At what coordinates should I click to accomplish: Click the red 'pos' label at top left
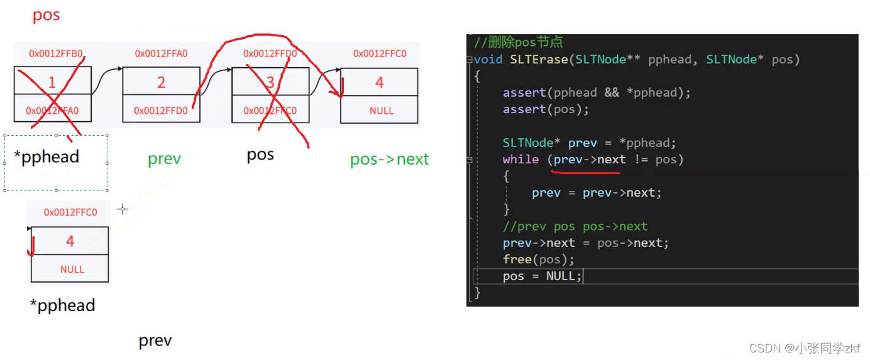click(46, 15)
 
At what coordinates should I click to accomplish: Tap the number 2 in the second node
click(161, 82)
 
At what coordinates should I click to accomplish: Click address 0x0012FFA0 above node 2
click(161, 54)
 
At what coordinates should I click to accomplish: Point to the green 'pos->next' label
click(389, 160)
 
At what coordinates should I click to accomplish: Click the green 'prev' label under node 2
click(164, 160)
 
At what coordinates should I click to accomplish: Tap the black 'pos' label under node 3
click(260, 155)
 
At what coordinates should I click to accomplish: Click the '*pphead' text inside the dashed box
click(47, 157)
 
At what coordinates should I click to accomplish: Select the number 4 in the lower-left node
click(70, 241)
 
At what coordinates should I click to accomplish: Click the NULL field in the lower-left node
click(72, 270)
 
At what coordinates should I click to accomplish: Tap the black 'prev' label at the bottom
click(155, 341)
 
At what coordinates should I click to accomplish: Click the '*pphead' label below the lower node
click(62, 306)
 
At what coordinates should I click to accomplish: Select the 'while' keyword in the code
click(520, 160)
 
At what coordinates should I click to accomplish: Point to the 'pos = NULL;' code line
click(542, 276)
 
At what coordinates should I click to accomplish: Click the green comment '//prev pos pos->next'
click(575, 226)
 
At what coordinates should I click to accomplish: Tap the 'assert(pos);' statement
click(546, 109)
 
